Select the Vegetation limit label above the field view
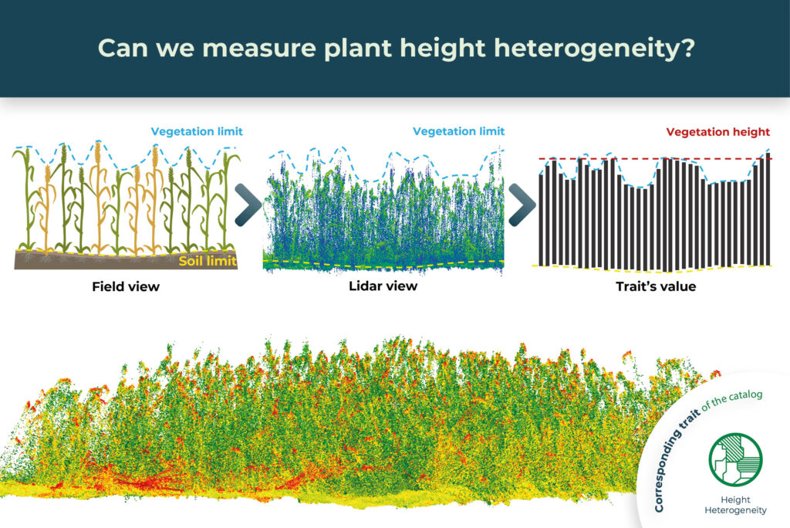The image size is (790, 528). click(x=197, y=132)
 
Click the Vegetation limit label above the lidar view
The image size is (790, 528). click(x=459, y=132)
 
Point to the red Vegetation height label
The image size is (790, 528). click(x=718, y=132)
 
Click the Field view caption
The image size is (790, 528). click(x=126, y=287)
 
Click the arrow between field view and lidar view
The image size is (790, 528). click(x=248, y=206)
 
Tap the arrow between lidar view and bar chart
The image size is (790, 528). click(x=522, y=206)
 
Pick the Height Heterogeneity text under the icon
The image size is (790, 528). click(x=736, y=506)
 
